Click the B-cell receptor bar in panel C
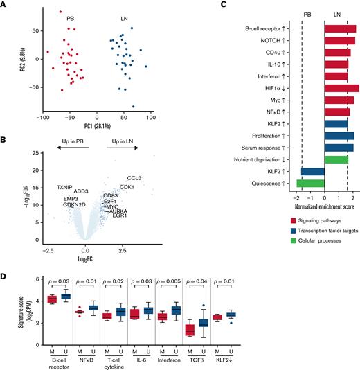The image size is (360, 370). coord(340,29)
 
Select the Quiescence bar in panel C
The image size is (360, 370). coord(310,183)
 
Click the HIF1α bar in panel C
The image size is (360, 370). coord(341,88)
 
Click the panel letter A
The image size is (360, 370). coord(5,6)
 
